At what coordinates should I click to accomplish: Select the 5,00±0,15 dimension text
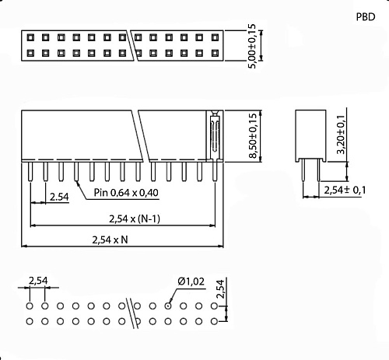(x=251, y=47)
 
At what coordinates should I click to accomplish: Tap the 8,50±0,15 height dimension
(x=252, y=136)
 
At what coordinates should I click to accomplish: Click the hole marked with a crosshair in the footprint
(x=167, y=305)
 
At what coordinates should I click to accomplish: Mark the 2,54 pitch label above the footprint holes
(x=37, y=280)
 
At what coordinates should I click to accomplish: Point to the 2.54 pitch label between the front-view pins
(x=59, y=197)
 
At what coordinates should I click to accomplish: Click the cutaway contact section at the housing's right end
(x=213, y=135)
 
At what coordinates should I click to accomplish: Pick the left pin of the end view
(x=304, y=172)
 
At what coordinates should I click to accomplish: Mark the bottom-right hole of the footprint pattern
(x=212, y=320)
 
